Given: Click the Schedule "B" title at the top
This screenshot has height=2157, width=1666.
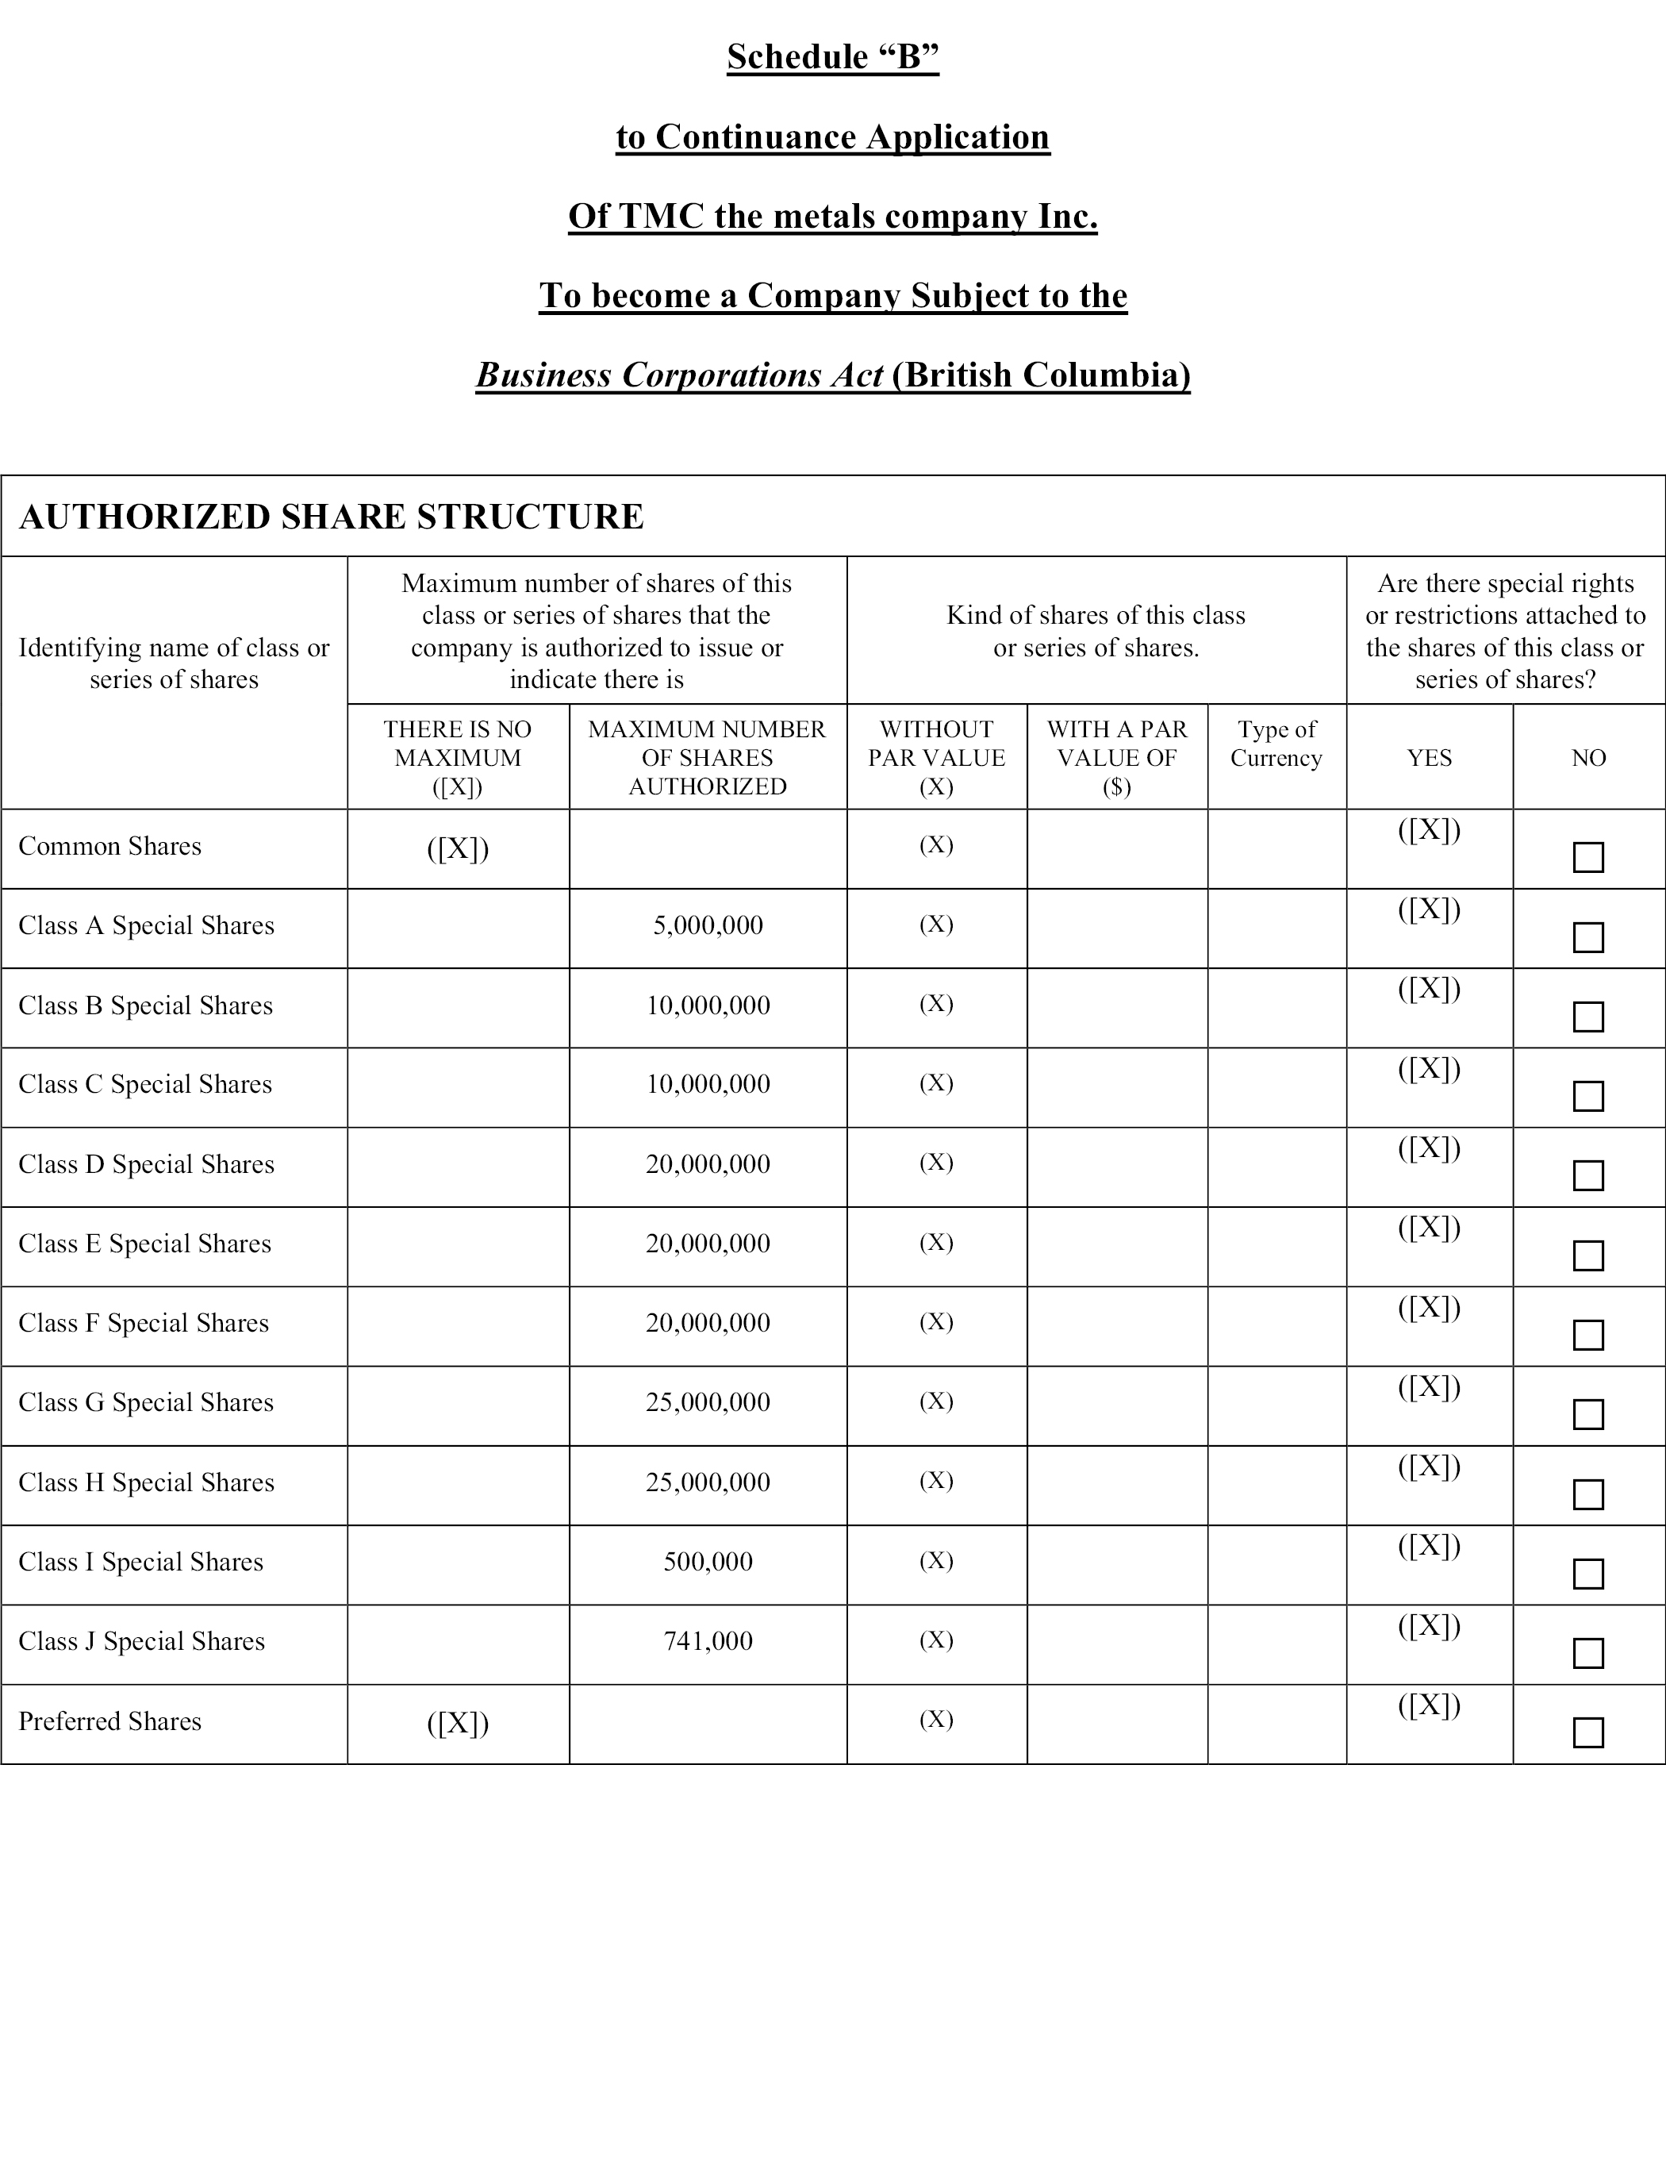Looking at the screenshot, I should [832, 57].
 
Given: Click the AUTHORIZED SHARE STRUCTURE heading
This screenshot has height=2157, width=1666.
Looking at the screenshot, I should [332, 517].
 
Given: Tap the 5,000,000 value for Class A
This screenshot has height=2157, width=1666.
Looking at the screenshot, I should [708, 925].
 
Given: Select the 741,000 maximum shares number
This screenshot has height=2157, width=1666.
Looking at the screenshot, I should [708, 1641].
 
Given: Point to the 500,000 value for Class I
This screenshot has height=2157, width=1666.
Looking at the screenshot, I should [708, 1562].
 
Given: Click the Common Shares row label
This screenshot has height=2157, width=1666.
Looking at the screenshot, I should [109, 847].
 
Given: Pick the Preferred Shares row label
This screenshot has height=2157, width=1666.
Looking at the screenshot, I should [109, 1721].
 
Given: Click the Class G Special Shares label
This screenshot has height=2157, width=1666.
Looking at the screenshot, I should [146, 1402].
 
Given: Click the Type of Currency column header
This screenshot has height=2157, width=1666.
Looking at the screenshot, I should [1276, 744].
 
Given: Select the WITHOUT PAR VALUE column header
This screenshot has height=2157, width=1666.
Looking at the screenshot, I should [936, 758].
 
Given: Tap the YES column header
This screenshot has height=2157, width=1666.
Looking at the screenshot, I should [1429, 758].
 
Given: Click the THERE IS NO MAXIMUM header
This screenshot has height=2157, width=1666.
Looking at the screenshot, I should [457, 758].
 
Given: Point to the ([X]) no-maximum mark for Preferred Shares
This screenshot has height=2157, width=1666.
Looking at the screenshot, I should [457, 1724].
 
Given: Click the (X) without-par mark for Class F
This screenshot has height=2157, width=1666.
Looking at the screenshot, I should [936, 1321].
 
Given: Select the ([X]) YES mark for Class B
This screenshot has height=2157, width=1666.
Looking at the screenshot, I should [1429, 989].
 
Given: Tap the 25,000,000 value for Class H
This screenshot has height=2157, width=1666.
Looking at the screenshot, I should [708, 1482].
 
